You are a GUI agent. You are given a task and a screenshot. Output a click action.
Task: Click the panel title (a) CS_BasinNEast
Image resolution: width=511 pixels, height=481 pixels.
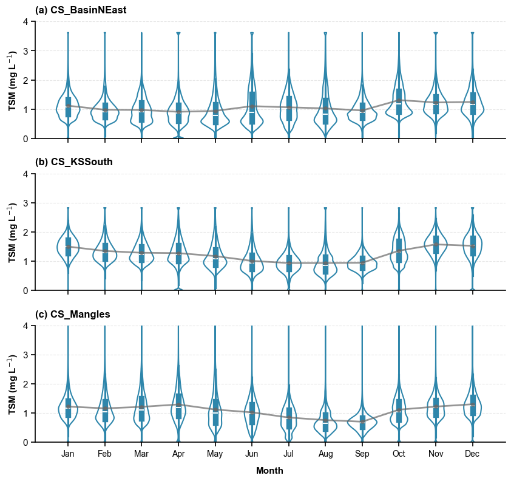(x=81, y=10)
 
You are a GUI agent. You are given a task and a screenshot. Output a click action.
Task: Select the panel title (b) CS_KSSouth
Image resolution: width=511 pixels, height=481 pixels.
(x=74, y=162)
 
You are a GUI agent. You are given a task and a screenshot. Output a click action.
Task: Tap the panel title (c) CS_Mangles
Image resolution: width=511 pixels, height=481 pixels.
(x=73, y=314)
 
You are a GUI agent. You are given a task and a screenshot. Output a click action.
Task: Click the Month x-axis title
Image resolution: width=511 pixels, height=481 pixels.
(x=269, y=471)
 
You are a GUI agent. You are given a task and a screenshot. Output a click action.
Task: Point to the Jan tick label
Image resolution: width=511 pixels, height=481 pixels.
(x=68, y=454)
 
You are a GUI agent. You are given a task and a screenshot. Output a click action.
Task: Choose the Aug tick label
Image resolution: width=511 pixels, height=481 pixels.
(x=325, y=454)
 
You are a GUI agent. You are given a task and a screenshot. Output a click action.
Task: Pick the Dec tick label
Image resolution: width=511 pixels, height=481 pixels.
(x=473, y=454)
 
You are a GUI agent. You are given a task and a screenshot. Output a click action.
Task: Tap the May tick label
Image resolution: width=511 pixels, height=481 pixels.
(x=215, y=454)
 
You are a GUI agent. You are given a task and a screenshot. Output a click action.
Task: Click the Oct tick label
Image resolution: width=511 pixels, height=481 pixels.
(x=399, y=454)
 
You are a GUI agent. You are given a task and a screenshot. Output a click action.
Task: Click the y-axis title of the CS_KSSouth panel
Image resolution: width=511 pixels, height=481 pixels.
(x=13, y=232)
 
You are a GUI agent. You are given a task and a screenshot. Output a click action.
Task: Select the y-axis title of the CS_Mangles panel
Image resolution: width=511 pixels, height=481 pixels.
(x=13, y=384)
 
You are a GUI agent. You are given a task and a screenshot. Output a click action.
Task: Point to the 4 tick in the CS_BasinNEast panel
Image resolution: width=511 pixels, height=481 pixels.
(x=25, y=21)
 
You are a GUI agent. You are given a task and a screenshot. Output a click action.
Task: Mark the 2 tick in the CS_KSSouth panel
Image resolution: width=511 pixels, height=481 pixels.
(x=25, y=232)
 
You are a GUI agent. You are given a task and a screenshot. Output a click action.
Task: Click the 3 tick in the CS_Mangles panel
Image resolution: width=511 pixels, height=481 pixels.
(x=25, y=355)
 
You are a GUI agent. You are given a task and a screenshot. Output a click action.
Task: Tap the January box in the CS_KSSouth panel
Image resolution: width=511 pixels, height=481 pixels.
(x=68, y=247)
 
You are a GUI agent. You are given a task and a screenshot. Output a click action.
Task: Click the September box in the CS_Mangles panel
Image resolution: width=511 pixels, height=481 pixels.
(x=362, y=422)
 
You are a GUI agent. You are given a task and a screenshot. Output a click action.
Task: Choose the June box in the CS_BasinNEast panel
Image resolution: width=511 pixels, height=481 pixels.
(x=252, y=108)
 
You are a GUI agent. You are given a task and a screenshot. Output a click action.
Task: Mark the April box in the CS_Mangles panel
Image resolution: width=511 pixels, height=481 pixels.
(x=178, y=406)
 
